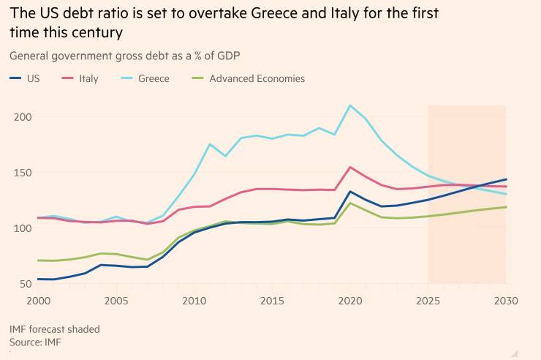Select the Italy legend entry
81,78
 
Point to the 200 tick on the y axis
22,117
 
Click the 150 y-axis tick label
22,173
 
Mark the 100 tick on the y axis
22,228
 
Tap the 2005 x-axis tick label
116,301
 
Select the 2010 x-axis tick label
194,301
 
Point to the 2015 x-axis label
272,301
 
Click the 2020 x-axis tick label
350,301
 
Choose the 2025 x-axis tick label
428,301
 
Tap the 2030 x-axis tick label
506,301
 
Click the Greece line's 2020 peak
350,105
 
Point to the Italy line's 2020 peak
350,167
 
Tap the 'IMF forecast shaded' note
55,329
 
